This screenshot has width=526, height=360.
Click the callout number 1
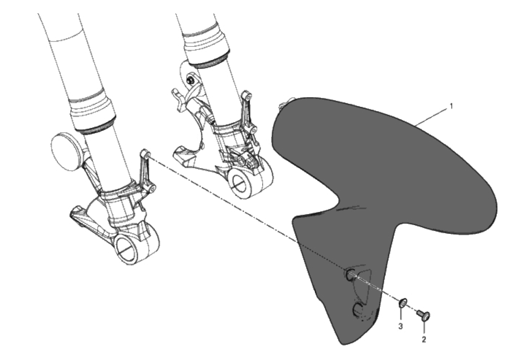[x=451, y=106]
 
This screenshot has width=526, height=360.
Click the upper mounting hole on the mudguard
[x=350, y=275]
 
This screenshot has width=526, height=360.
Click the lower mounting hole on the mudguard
[x=358, y=310]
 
